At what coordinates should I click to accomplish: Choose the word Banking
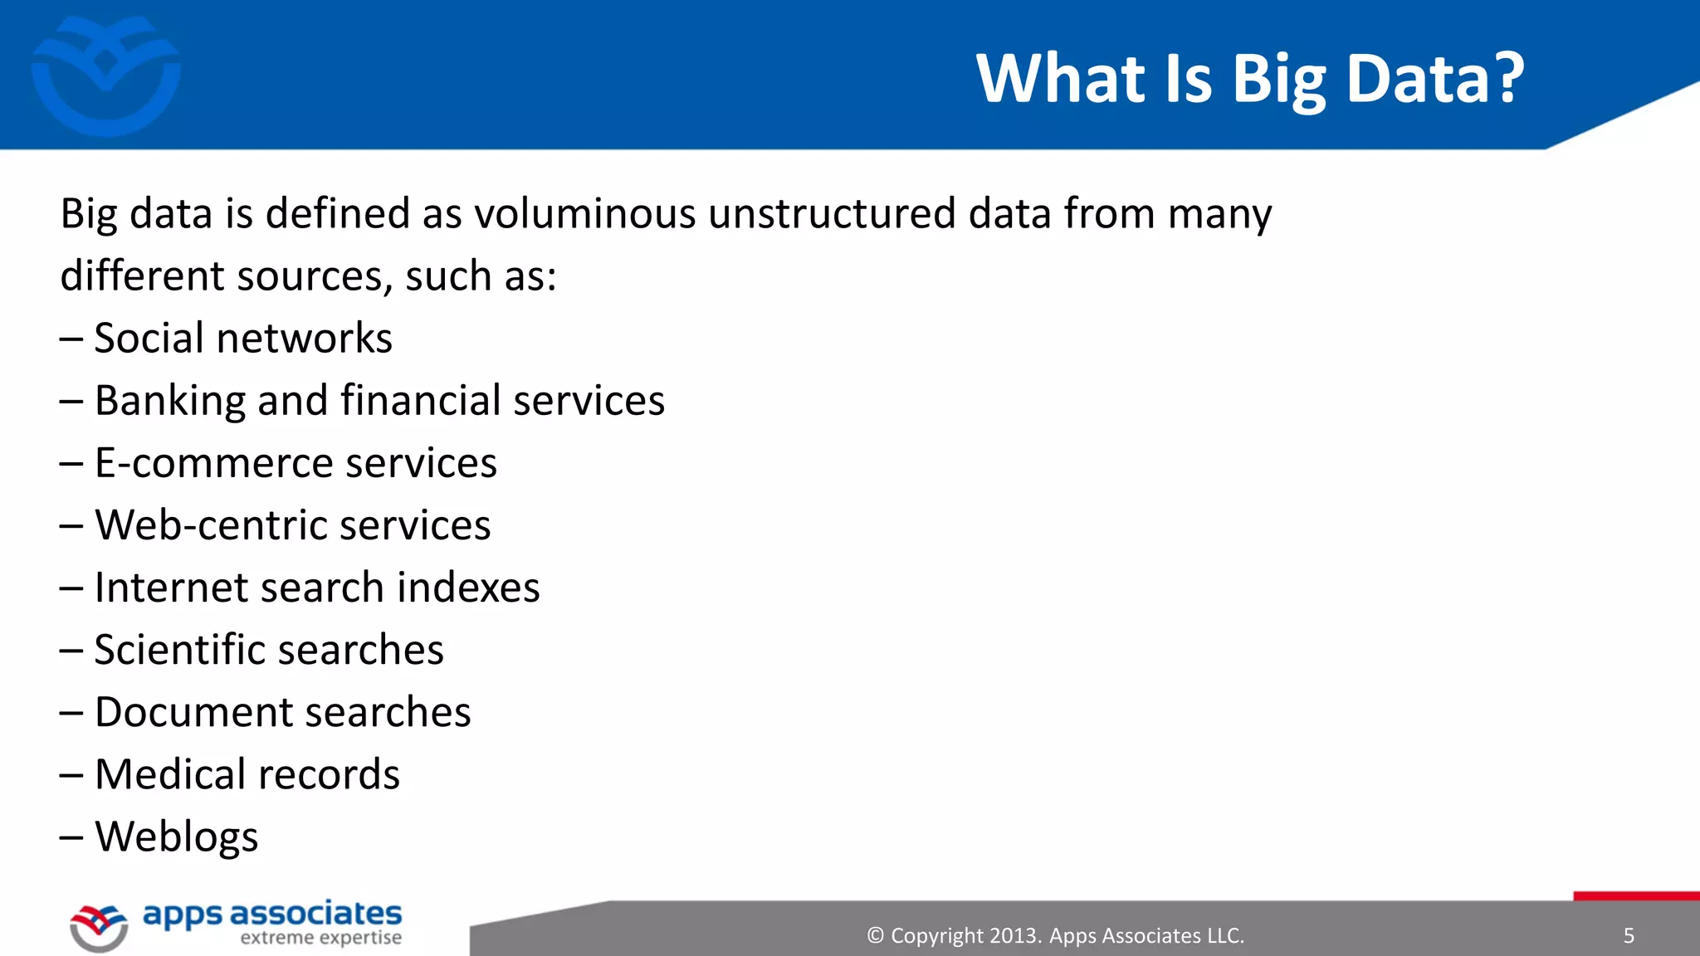click(x=169, y=402)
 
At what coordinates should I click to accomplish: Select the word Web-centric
click(x=209, y=525)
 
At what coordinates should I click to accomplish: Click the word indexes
click(x=468, y=588)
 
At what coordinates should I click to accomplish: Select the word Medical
click(x=162, y=774)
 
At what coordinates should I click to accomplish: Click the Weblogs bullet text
click(x=176, y=837)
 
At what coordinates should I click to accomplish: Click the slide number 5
click(x=1629, y=936)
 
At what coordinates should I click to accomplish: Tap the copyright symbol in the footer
click(x=875, y=936)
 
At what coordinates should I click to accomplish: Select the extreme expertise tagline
click(x=320, y=939)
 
